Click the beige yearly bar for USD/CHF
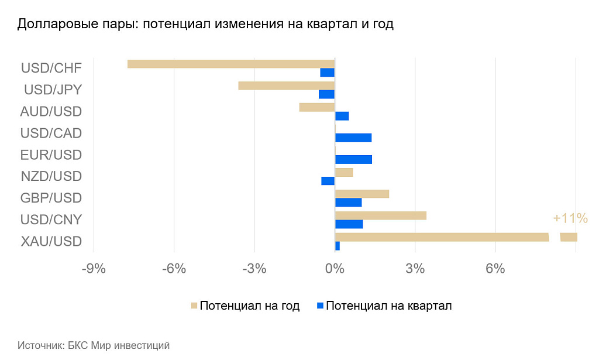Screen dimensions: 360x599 pos(230,64)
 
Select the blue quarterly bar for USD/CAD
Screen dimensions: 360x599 pos(353,138)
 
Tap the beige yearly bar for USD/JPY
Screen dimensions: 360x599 pos(286,85)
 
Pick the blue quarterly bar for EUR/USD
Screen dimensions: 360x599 pos(353,159)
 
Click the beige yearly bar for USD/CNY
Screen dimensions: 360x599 pos(380,215)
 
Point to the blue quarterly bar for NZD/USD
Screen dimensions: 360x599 pos(328,181)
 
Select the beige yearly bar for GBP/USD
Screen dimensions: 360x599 pos(362,194)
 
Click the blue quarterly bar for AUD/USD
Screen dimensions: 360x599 pos(342,116)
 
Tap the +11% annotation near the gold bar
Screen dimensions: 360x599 pos(570,218)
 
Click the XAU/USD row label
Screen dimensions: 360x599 pos(51,241)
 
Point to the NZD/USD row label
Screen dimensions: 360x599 pos(51,176)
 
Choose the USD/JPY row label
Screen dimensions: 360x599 pos(53,90)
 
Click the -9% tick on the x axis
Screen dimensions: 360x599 pos(94,269)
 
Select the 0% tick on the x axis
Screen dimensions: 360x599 pos(335,269)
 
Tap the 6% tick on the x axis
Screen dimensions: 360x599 pos(495,269)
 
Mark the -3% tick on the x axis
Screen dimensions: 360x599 pos(254,269)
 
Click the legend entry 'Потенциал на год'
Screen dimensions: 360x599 pos(249,306)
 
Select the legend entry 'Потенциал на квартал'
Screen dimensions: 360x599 pos(388,306)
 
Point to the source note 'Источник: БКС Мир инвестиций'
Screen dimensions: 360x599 pos(94,345)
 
